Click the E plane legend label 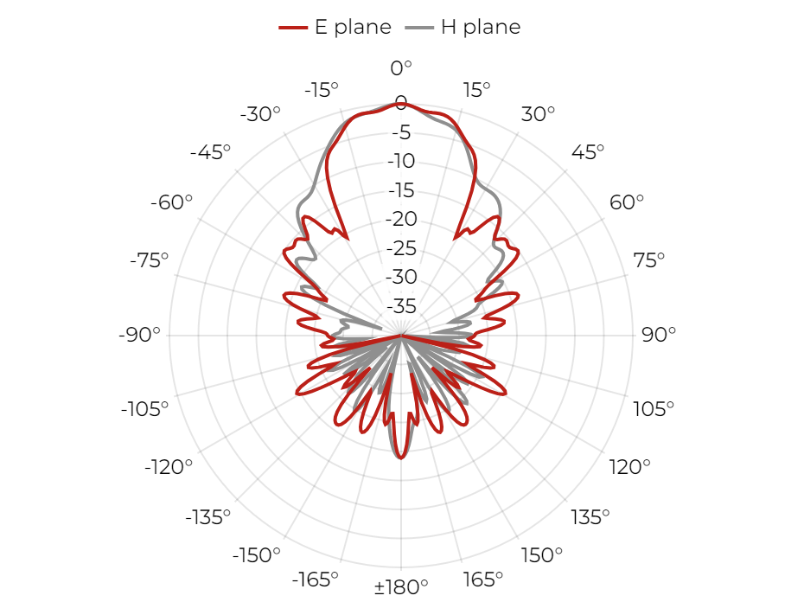click(x=353, y=27)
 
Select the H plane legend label click(x=481, y=27)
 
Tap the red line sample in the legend click(x=293, y=28)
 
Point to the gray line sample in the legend click(x=419, y=28)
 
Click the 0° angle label click(x=401, y=67)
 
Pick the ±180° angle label click(x=401, y=586)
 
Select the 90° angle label click(x=659, y=335)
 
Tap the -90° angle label click(x=139, y=335)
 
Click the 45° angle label click(x=588, y=152)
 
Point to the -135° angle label click(x=207, y=517)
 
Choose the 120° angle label click(x=629, y=467)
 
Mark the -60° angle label click(x=171, y=202)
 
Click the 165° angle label click(x=482, y=580)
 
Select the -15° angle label click(x=322, y=90)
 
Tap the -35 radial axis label click(x=401, y=306)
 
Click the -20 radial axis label click(x=401, y=219)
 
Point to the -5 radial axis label click(x=401, y=132)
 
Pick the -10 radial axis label click(x=401, y=161)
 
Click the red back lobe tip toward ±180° click(x=401, y=458)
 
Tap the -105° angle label click(x=144, y=409)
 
